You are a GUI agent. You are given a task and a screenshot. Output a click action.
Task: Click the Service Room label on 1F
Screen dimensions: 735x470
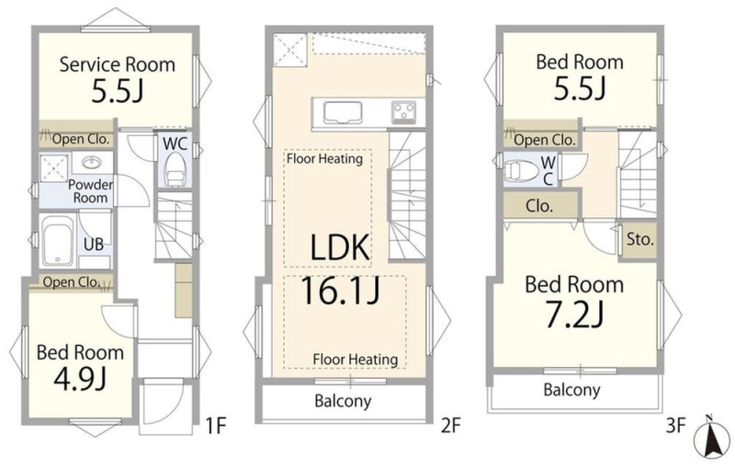click(118, 64)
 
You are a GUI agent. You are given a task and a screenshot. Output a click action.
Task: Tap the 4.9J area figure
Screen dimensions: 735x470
click(80, 379)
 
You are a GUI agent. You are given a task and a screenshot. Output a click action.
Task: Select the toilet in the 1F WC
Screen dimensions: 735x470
click(175, 169)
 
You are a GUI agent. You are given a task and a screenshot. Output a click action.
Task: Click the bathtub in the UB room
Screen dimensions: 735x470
click(58, 242)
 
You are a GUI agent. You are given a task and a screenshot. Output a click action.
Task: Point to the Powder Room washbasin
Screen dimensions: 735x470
click(91, 162)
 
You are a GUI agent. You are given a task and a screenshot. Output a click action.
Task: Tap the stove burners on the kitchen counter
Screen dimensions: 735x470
click(404, 113)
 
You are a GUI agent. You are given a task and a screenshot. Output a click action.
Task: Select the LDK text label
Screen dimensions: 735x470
click(340, 247)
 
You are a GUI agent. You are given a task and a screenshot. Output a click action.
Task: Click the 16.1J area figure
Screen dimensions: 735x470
click(340, 291)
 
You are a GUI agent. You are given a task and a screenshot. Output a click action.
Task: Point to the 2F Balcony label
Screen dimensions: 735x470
click(343, 401)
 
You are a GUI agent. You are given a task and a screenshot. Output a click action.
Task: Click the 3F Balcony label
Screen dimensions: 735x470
click(571, 390)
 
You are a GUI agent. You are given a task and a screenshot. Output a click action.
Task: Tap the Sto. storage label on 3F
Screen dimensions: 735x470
click(640, 239)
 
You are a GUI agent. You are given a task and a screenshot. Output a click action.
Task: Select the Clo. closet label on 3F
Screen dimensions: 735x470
click(539, 205)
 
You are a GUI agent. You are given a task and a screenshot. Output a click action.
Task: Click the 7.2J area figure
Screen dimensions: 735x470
click(575, 314)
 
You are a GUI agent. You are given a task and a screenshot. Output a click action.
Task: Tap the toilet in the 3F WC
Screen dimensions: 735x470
click(521, 171)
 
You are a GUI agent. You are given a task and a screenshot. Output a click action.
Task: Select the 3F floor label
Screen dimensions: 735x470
click(675, 426)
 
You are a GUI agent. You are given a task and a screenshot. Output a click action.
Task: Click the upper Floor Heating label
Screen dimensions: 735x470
click(325, 158)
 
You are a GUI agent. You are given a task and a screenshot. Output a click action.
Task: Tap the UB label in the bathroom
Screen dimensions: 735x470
click(94, 244)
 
